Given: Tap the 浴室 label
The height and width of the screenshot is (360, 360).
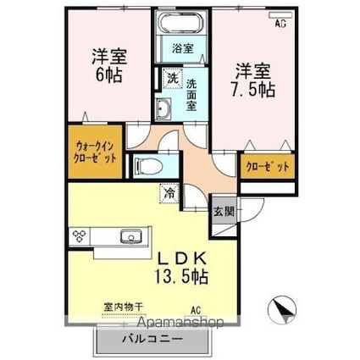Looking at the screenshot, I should (182, 49).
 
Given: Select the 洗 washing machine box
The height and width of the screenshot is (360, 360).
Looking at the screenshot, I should (170, 79).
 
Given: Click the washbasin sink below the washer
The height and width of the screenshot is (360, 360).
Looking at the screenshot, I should (163, 108).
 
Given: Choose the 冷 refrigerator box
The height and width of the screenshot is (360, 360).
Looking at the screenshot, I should (169, 194).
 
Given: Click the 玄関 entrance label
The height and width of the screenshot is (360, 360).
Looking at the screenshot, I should (220, 211).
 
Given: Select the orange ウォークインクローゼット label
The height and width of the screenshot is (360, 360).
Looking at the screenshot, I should (93, 151).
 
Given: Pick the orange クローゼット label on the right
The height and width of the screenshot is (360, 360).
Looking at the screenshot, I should (265, 168).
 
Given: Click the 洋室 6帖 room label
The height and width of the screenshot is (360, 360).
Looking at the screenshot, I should (108, 66).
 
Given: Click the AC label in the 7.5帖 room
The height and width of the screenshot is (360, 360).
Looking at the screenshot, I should (280, 24).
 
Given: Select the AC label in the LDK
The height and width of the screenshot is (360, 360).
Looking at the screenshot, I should (196, 310).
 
